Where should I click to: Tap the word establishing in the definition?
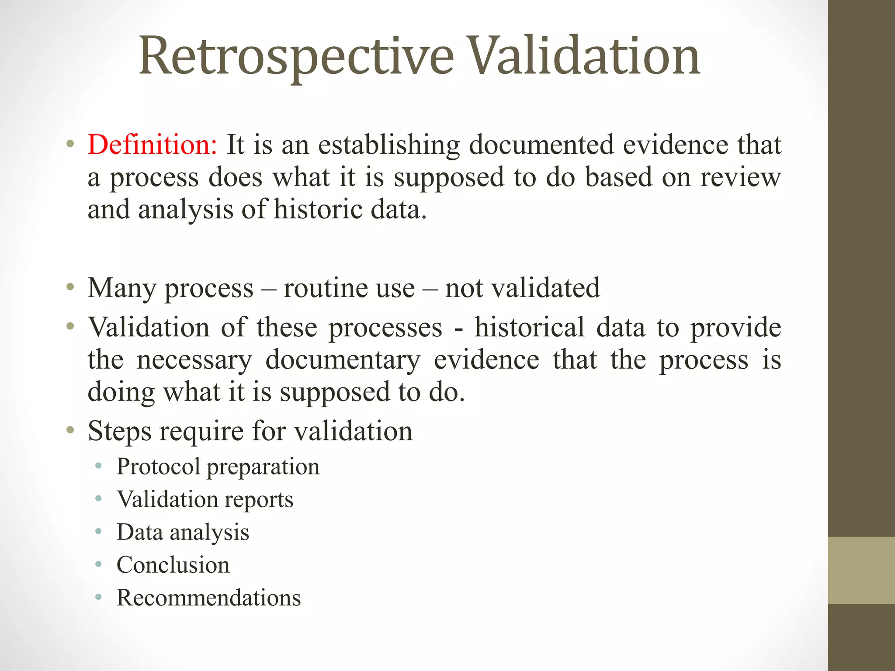coord(389,145)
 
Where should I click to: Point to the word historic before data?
coord(318,209)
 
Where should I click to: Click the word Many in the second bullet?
coord(121,289)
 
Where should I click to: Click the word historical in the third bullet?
coord(529,327)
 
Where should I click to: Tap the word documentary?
coord(343,360)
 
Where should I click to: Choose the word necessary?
coord(194,360)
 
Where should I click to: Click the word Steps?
coord(119,432)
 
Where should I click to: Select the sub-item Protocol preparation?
coord(218,467)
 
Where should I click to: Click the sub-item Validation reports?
coord(205,499)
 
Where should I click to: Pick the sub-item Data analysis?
coord(183,533)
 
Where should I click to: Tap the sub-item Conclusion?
coord(173,565)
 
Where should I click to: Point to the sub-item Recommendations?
coord(208,598)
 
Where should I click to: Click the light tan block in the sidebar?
coord(861,570)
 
